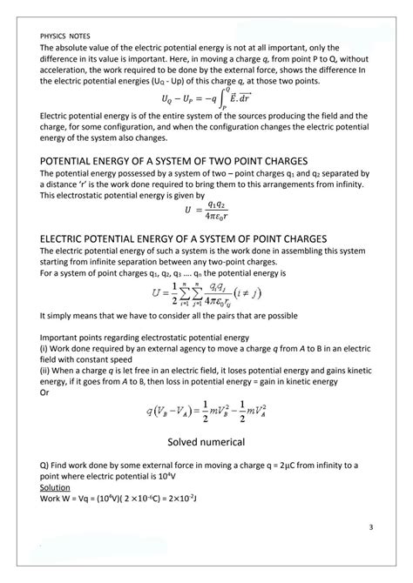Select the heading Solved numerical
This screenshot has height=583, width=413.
[x=206, y=441]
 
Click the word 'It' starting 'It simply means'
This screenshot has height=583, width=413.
[x=44, y=317]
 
